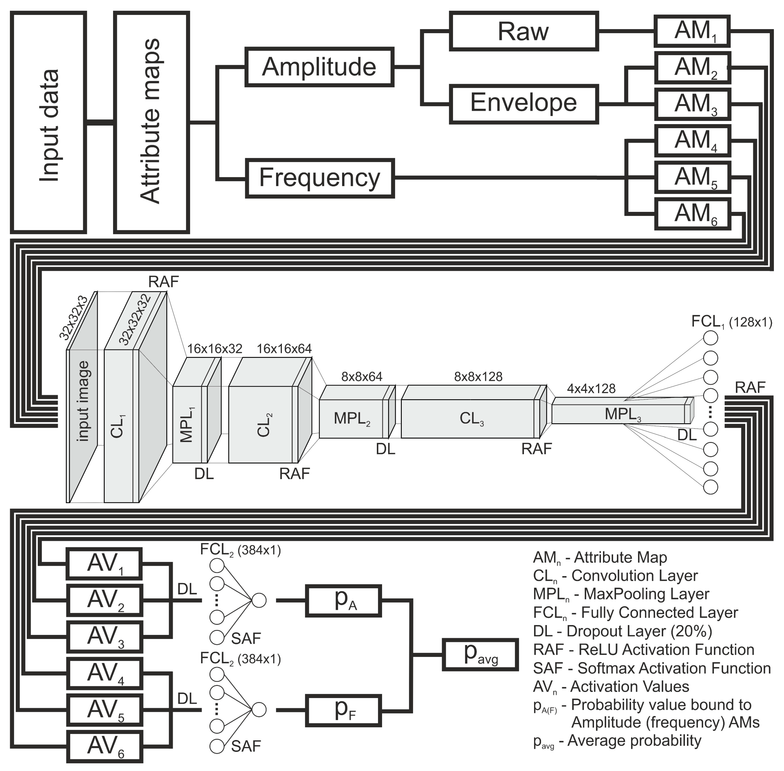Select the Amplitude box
tap(319, 67)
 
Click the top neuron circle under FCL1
tap(711, 337)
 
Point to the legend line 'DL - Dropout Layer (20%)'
tap(623, 631)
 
